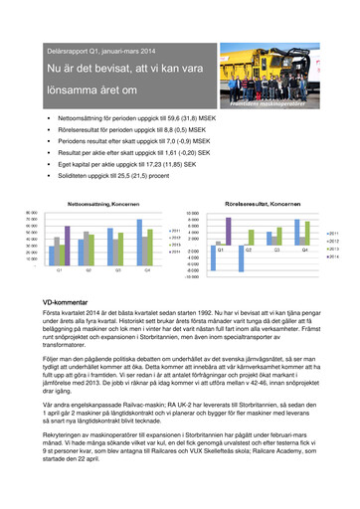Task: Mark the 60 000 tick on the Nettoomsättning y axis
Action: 33,226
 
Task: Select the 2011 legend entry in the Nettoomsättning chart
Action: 174,230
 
